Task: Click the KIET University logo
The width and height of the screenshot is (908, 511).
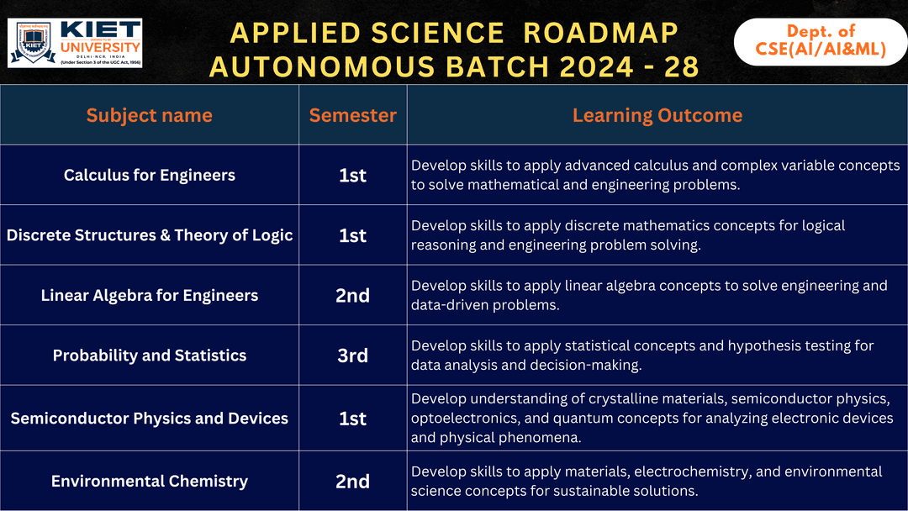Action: click(x=75, y=42)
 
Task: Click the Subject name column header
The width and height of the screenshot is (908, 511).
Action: click(x=150, y=115)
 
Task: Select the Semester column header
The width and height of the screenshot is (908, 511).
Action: click(x=352, y=115)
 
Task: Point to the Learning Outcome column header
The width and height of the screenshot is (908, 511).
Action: click(x=657, y=115)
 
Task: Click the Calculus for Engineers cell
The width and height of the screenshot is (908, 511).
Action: click(x=150, y=175)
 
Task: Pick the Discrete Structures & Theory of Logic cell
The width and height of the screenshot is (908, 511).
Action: click(x=150, y=235)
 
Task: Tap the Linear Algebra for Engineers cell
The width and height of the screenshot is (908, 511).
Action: click(x=150, y=295)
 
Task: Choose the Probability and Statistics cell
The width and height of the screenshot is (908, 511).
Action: click(x=150, y=356)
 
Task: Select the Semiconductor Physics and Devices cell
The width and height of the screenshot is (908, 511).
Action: click(x=150, y=418)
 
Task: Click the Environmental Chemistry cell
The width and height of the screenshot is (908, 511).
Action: click(x=150, y=481)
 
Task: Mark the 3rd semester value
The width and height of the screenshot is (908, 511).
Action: click(x=352, y=356)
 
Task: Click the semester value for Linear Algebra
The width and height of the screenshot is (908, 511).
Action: click(x=352, y=295)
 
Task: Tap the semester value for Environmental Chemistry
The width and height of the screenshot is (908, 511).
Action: click(x=352, y=481)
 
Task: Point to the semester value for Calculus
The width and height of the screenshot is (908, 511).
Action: click(x=352, y=175)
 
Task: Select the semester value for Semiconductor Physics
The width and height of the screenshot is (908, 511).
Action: click(x=352, y=418)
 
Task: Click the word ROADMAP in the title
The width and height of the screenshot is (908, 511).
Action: click(x=600, y=33)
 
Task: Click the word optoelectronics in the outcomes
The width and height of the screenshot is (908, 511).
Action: click(x=466, y=419)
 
